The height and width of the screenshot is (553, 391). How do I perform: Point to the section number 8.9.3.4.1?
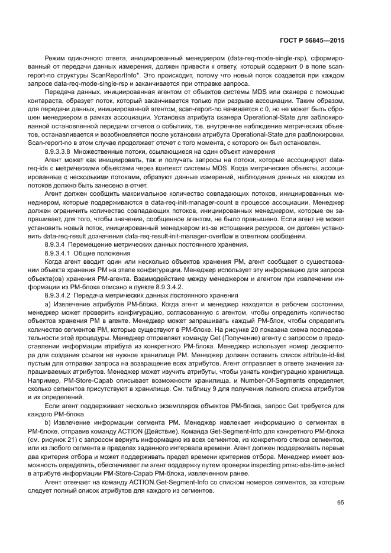pos(59,253)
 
